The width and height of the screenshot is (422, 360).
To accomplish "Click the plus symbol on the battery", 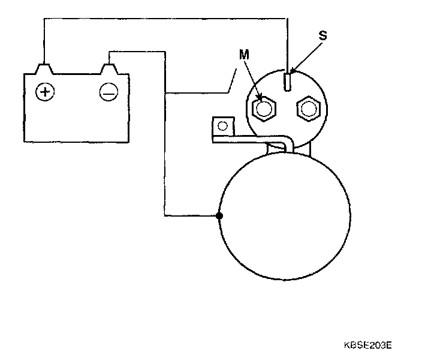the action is point(44,92).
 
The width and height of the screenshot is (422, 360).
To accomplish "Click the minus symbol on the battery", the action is point(108,92).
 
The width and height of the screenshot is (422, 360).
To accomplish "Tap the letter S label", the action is point(322,36).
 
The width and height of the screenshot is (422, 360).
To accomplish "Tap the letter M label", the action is point(243,55).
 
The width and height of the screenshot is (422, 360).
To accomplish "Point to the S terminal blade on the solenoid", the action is point(288,81).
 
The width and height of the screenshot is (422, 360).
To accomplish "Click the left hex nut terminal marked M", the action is point(264,109).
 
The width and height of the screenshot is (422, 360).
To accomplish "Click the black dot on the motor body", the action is point(220,215).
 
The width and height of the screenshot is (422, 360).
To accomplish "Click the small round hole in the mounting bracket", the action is point(222,126).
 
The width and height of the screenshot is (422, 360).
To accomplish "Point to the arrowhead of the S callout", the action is point(291,73).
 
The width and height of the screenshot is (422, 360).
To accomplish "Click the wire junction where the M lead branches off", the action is point(165,93).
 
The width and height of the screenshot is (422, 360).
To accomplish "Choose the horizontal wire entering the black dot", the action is point(192,215).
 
